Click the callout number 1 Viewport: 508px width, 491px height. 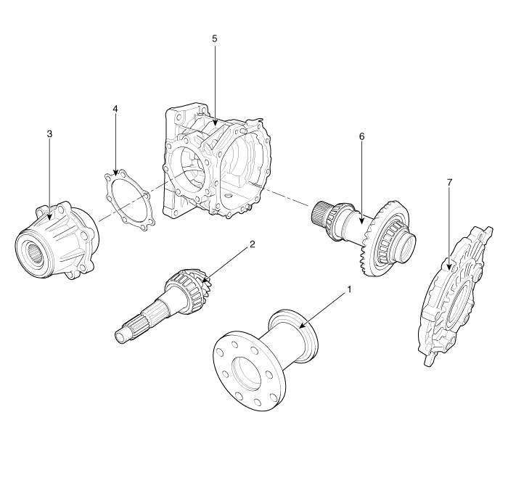(x=350, y=289)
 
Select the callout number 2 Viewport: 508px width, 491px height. (x=252, y=244)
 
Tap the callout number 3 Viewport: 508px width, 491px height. (x=49, y=135)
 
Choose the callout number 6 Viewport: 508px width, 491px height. (x=361, y=136)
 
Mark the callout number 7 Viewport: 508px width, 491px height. (x=450, y=183)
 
